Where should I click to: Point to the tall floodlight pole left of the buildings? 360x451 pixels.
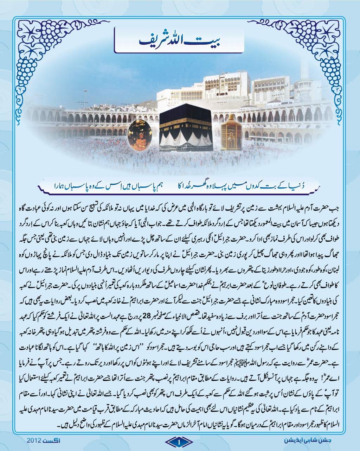(85, 99)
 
